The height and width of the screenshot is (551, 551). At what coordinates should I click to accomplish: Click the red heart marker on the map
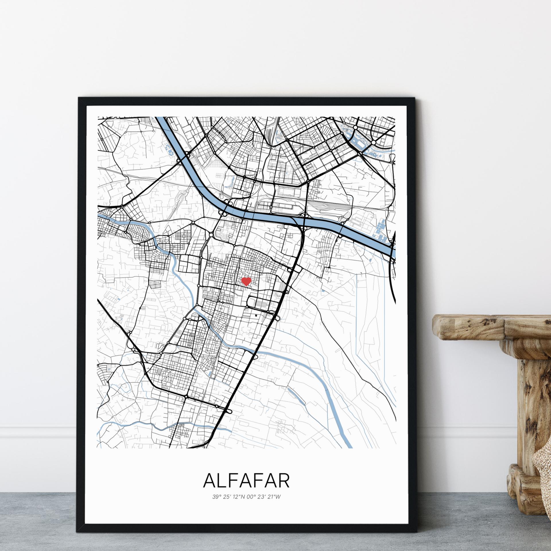(x=246, y=281)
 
